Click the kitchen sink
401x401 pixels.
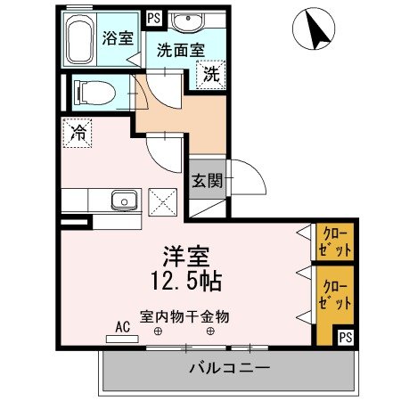124,200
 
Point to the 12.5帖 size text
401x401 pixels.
185,281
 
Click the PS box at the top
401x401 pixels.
153,17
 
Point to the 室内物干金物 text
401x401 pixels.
184,315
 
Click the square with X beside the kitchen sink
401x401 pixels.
164,200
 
